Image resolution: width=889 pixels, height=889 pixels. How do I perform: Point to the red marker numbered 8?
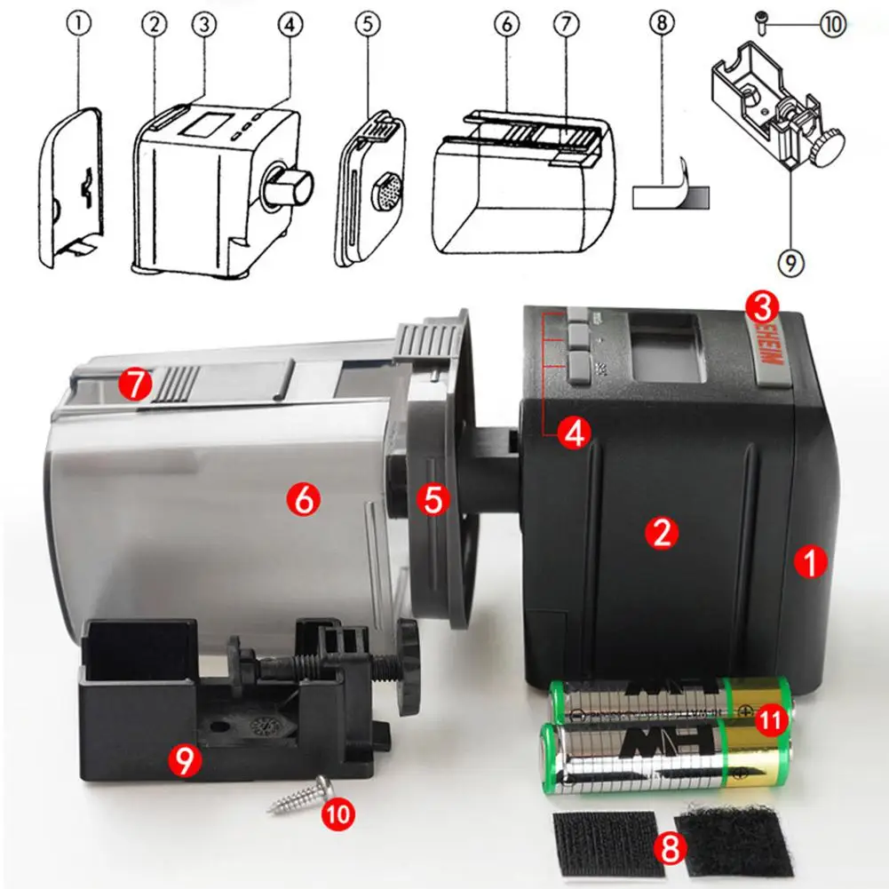click(670, 848)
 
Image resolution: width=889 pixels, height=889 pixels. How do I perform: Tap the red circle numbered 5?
click(433, 500)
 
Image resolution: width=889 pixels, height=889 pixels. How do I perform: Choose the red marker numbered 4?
click(574, 434)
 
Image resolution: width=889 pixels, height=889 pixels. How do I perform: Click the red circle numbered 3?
click(762, 307)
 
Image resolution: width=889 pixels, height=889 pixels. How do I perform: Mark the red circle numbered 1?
click(808, 561)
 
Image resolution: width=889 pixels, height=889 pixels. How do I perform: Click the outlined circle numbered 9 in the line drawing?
click(790, 262)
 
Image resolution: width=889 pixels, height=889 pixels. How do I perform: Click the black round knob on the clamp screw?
click(409, 666)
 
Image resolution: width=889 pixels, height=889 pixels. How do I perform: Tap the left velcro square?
click(603, 841)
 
